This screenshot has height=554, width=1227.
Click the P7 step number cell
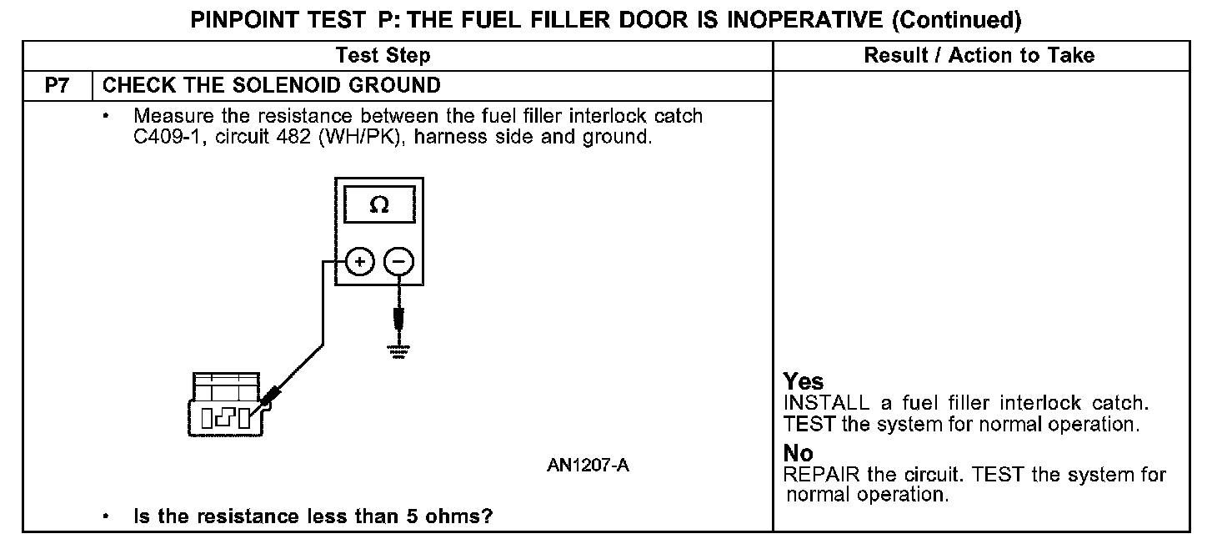56,85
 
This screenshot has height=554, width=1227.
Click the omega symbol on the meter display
379,205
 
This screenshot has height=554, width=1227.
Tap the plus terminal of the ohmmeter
359,262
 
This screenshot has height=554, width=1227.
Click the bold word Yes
804,381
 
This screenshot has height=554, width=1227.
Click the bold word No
798,453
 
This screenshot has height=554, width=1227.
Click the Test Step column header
383,56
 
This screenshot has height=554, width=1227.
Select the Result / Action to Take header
979,56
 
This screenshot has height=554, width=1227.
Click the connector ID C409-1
170,138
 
